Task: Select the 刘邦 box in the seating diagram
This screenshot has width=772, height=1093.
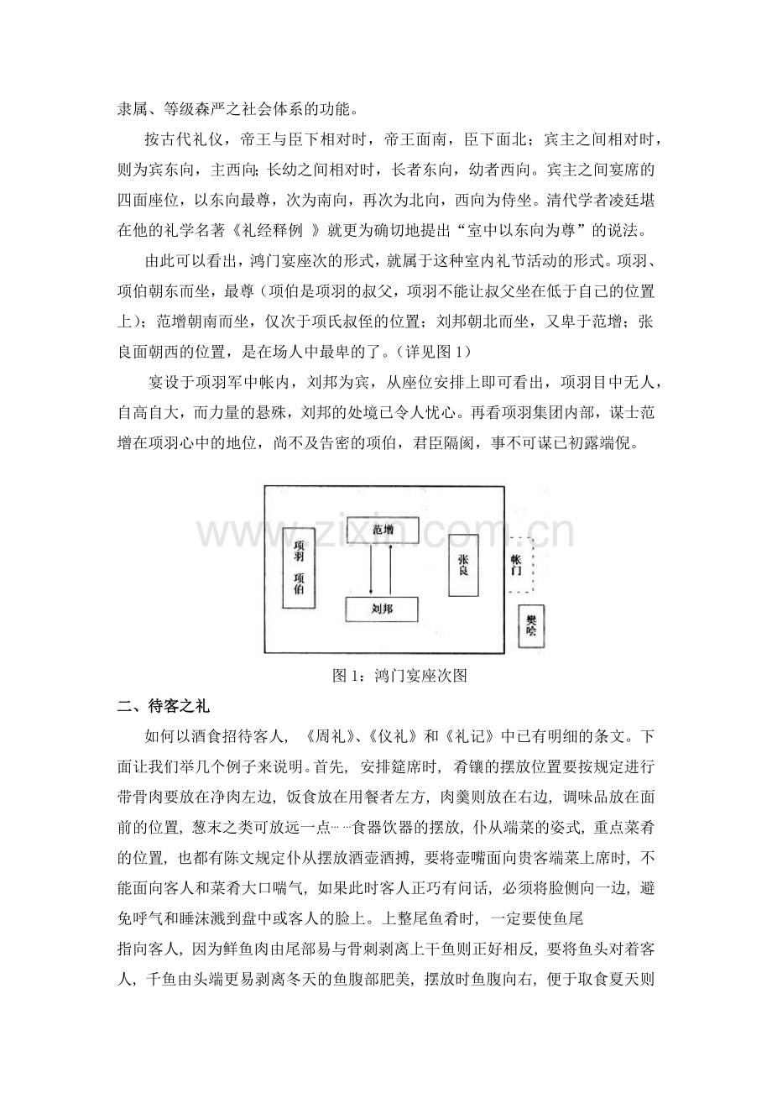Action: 382,609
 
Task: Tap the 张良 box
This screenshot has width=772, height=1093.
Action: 463,565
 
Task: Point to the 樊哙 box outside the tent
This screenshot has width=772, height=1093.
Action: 531,626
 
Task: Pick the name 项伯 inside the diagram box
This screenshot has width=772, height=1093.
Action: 299,583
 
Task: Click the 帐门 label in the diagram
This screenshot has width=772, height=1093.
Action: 517,564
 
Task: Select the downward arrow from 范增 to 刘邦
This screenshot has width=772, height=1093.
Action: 371,570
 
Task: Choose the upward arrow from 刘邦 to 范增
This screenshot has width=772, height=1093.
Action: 390,570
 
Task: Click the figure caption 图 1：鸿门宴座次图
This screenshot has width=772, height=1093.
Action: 399,675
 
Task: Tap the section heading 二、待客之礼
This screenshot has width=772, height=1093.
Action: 164,706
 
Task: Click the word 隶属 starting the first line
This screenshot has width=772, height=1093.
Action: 133,109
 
